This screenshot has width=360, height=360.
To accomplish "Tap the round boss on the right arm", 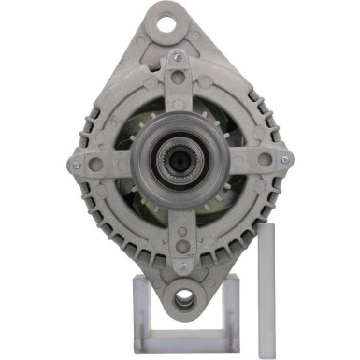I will coord(266,160).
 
